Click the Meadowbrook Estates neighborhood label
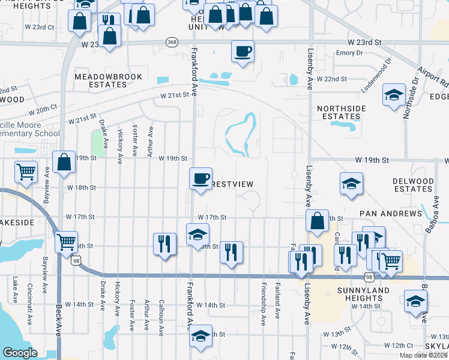(101, 81)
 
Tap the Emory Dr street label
(350, 53)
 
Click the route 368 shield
(172, 42)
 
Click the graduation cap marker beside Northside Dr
(394, 95)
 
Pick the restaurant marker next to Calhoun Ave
(164, 244)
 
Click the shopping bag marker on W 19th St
(64, 162)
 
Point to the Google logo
(20, 352)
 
